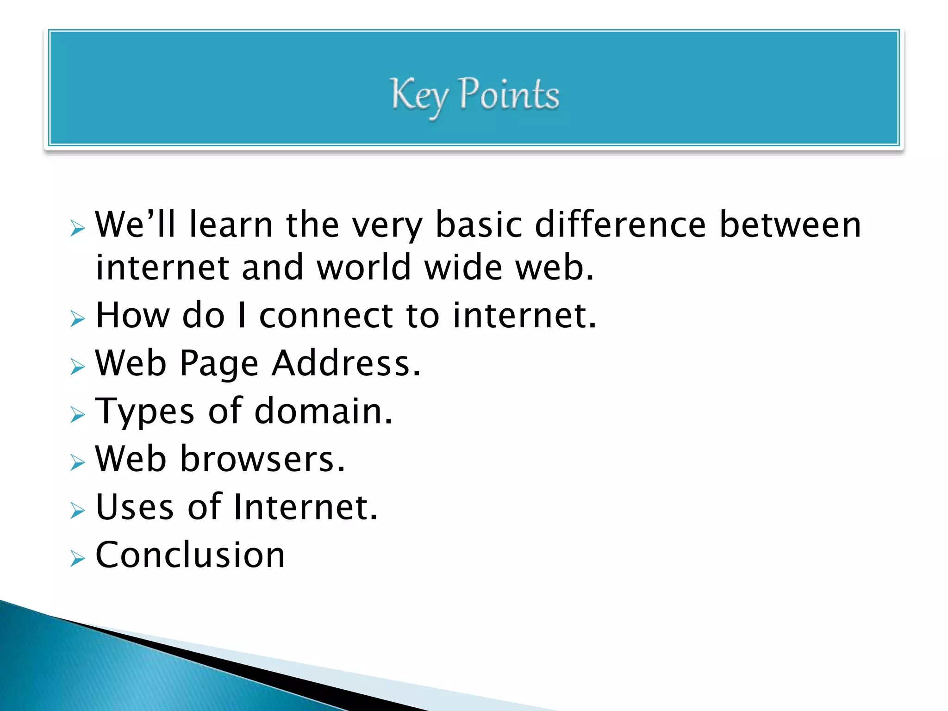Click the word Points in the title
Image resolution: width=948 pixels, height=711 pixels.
click(x=509, y=94)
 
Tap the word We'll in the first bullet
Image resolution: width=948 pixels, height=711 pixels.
click(x=135, y=225)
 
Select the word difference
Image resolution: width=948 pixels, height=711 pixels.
click(x=620, y=225)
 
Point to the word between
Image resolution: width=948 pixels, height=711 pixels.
click(x=790, y=225)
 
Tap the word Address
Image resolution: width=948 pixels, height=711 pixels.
click(x=346, y=363)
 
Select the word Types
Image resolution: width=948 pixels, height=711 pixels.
click(x=145, y=412)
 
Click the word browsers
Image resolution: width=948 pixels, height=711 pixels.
click(x=262, y=459)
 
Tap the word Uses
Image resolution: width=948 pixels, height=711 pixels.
click(x=135, y=507)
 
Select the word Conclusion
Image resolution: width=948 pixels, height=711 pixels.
click(x=190, y=555)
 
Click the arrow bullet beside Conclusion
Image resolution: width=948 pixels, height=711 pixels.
click(x=78, y=559)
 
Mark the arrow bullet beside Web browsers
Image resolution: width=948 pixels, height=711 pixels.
click(x=78, y=462)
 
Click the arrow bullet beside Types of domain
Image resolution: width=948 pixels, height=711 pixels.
click(x=78, y=414)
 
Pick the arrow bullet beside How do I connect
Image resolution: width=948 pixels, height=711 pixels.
click(x=78, y=319)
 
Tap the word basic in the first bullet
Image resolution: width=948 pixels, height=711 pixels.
click(x=479, y=225)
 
